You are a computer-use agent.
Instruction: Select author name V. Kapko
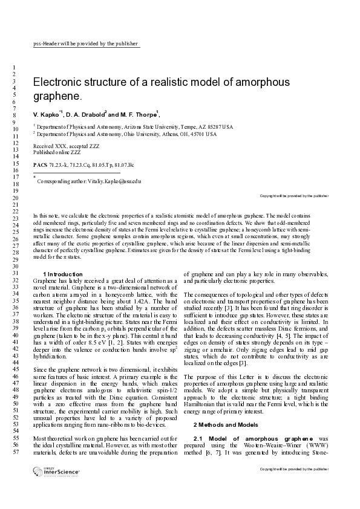[x=45, y=114]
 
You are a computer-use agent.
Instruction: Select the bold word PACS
[x=40, y=164]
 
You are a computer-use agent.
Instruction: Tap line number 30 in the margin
[x=13, y=266]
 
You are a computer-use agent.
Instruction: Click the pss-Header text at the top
[x=85, y=44]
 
